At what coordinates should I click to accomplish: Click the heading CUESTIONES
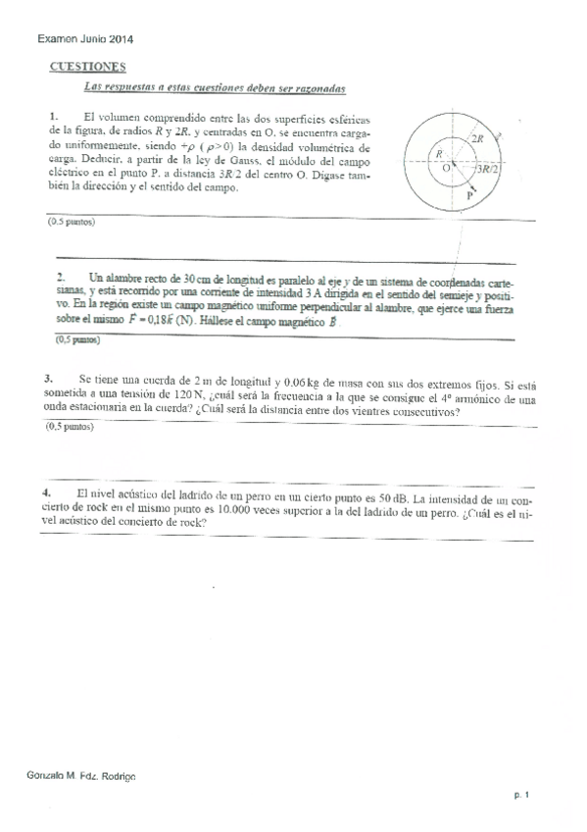point(86,67)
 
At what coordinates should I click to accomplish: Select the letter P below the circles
point(470,196)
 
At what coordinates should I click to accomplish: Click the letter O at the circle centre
point(447,169)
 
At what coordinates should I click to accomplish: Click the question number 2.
point(61,277)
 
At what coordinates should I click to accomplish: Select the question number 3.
point(48,378)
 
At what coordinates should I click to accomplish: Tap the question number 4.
point(46,493)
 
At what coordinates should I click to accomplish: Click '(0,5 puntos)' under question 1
point(71,223)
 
